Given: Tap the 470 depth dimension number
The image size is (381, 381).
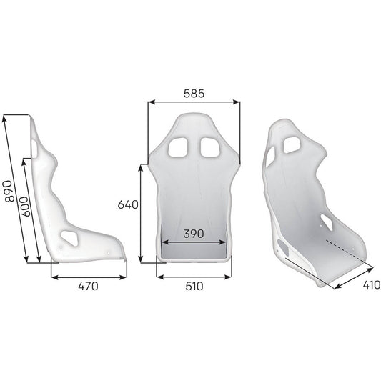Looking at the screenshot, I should point(87,287).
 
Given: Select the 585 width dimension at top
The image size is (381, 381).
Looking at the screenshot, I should point(193,93).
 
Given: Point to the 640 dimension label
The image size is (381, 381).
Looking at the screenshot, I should point(127,205).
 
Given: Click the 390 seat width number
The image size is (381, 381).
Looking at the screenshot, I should point(193,234).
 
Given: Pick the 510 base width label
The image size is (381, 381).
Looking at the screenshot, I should point(193,287).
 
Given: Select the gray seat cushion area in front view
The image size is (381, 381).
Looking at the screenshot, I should point(193,247).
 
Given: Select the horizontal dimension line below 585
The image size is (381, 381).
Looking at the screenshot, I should point(194,103).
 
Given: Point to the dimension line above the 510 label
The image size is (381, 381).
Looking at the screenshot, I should point(193,275).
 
